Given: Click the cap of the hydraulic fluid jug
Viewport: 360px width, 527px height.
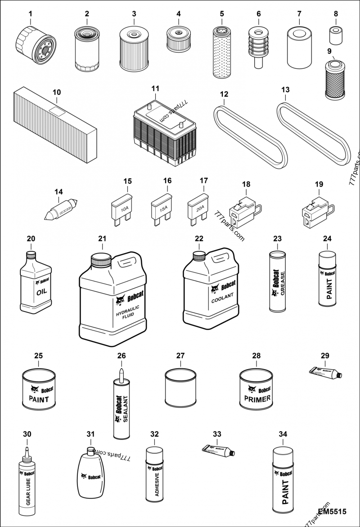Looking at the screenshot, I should (101, 259).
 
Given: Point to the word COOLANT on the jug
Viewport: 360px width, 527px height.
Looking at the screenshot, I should (224, 300).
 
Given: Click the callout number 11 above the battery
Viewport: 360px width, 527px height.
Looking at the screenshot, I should (155, 89).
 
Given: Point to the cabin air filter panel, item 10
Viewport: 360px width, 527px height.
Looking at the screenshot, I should (55, 122).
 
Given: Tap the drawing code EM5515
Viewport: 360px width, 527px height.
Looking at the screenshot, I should (332, 512).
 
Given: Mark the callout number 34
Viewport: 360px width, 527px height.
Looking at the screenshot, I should (283, 434).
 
